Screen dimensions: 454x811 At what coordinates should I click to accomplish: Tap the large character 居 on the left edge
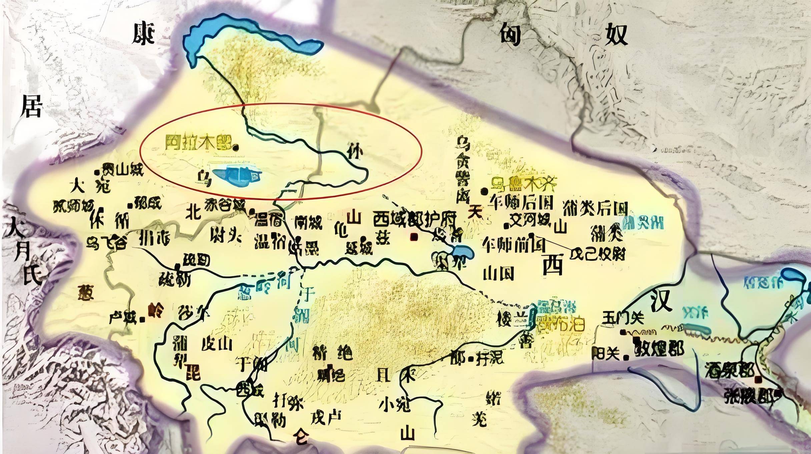[x=31, y=105]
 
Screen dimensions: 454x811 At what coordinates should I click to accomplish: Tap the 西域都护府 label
[x=414, y=220]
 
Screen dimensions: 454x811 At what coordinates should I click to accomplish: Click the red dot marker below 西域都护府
[x=414, y=236]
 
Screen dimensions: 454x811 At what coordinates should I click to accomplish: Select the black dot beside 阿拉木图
[x=236, y=147]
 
